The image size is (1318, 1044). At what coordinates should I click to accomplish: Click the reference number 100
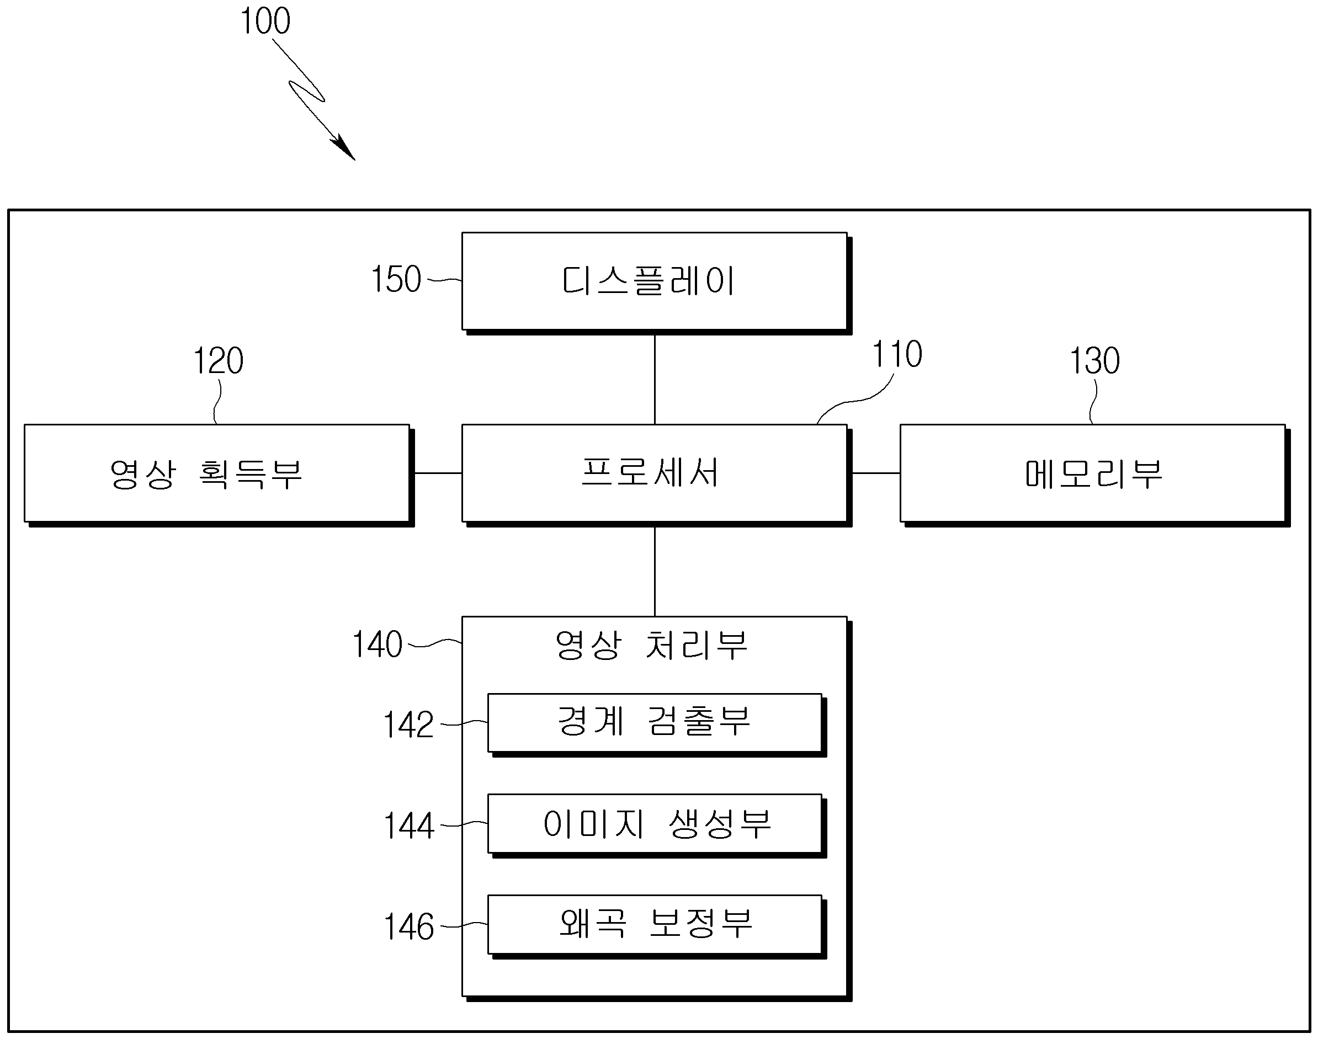(x=265, y=22)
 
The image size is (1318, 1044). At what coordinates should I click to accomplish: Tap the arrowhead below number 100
(x=344, y=148)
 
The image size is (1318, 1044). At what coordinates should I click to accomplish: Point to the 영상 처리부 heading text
(x=651, y=645)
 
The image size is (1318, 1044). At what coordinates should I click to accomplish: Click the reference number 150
(x=396, y=279)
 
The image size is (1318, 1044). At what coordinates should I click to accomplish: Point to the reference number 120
(x=218, y=361)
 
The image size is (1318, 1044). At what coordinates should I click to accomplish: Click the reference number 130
(x=1095, y=361)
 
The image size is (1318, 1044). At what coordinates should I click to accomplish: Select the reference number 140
(x=377, y=644)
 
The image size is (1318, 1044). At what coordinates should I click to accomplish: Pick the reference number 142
(x=408, y=725)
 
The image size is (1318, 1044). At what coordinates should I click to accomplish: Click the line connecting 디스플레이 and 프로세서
(x=655, y=379)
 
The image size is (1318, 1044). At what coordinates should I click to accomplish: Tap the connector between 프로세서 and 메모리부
(x=876, y=473)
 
